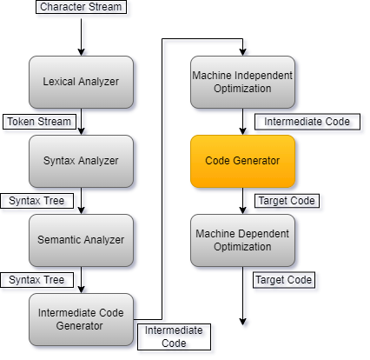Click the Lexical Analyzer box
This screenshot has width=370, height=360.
click(81, 82)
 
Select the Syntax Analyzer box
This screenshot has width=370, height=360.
click(81, 161)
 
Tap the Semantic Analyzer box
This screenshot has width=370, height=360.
click(81, 240)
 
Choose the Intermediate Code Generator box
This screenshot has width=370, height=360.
click(81, 319)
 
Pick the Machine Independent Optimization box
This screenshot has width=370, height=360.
click(242, 82)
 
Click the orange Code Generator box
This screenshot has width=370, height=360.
click(242, 161)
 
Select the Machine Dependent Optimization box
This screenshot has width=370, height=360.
click(242, 240)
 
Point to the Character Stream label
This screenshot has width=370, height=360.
click(81, 7)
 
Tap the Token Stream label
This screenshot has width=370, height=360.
click(39, 122)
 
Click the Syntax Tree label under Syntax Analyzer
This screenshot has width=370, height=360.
click(36, 201)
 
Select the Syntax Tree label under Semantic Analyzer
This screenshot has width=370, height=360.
click(36, 280)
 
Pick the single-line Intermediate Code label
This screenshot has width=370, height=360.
click(307, 122)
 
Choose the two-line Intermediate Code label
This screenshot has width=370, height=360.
click(174, 337)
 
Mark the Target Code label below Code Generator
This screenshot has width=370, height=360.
click(287, 201)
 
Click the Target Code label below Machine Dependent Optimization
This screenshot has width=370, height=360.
click(284, 280)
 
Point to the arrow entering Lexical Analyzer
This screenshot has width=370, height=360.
click(81, 37)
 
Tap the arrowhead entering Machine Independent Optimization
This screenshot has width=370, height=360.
click(242, 52)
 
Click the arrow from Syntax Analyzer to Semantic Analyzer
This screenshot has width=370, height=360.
click(81, 201)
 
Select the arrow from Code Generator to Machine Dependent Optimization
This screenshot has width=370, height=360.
click(242, 201)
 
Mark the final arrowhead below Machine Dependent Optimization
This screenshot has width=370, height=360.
click(242, 322)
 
